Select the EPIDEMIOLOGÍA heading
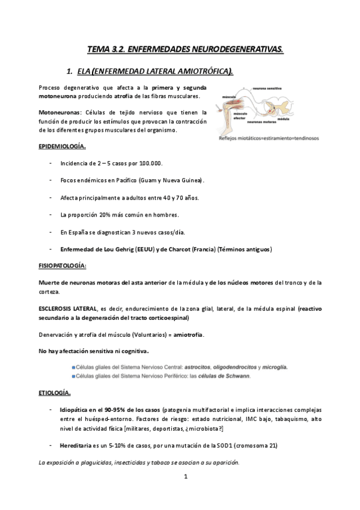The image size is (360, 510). (x=61, y=146)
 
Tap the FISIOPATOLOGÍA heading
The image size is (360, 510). (x=63, y=265)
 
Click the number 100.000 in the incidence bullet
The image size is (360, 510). (x=150, y=164)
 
